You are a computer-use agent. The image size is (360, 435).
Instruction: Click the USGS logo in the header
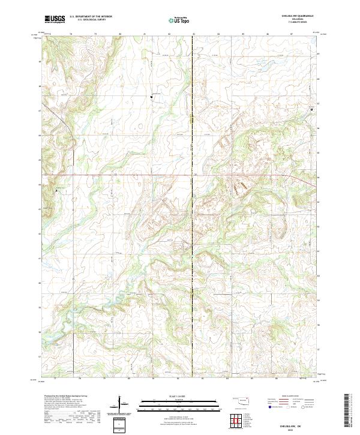click(x=55, y=19)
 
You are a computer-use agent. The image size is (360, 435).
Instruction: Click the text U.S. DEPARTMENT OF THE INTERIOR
click(x=91, y=17)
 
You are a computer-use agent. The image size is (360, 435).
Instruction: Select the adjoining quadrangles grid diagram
click(x=235, y=421)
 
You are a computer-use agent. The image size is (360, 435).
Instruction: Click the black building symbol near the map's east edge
click(x=311, y=109)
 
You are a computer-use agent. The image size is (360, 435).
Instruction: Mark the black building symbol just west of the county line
click(x=151, y=96)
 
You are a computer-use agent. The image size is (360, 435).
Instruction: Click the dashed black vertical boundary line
click(x=193, y=240)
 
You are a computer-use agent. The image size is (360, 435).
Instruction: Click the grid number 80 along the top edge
click(x=121, y=34)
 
